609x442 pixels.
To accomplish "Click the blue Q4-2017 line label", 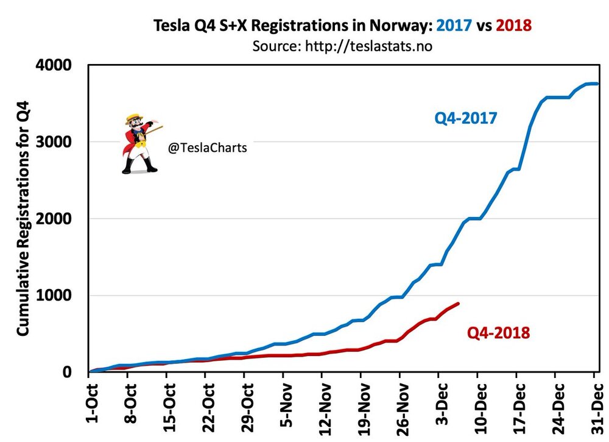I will [x=465, y=118].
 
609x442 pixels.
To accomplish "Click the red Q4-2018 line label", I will [x=498, y=333].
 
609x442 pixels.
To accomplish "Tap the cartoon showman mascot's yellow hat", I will [x=134, y=117].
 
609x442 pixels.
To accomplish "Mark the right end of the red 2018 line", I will [x=458, y=303].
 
